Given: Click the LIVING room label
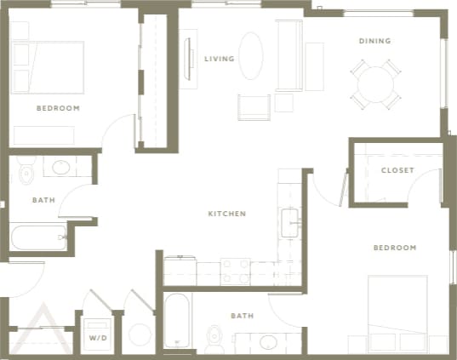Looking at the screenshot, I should pyautogui.click(x=220, y=59).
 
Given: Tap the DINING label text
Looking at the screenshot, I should pyautogui.click(x=374, y=41).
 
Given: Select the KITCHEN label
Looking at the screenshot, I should pyautogui.click(x=227, y=214).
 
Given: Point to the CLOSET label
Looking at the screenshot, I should pyautogui.click(x=397, y=170).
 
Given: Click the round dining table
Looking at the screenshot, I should pyautogui.click(x=376, y=83).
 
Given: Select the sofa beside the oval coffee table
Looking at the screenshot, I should pyautogui.click(x=288, y=56).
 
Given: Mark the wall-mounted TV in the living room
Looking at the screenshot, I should pyautogui.click(x=188, y=57).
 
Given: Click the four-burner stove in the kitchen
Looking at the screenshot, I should pyautogui.click(x=236, y=271).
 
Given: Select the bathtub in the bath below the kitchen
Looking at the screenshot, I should pyautogui.click(x=178, y=322).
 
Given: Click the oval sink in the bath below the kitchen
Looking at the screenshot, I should pyautogui.click(x=269, y=343).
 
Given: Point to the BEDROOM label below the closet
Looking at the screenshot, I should pyautogui.click(x=396, y=248).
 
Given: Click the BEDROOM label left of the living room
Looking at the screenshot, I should pyautogui.click(x=58, y=108).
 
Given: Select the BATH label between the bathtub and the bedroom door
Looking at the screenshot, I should pyautogui.click(x=242, y=316).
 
